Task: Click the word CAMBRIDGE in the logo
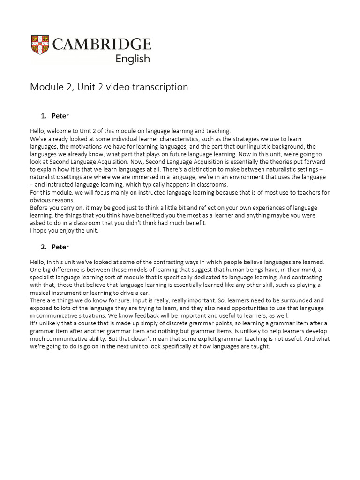[102, 45]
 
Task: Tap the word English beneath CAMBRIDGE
[133, 59]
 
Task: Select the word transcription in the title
[161, 87]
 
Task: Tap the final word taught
[261, 346]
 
